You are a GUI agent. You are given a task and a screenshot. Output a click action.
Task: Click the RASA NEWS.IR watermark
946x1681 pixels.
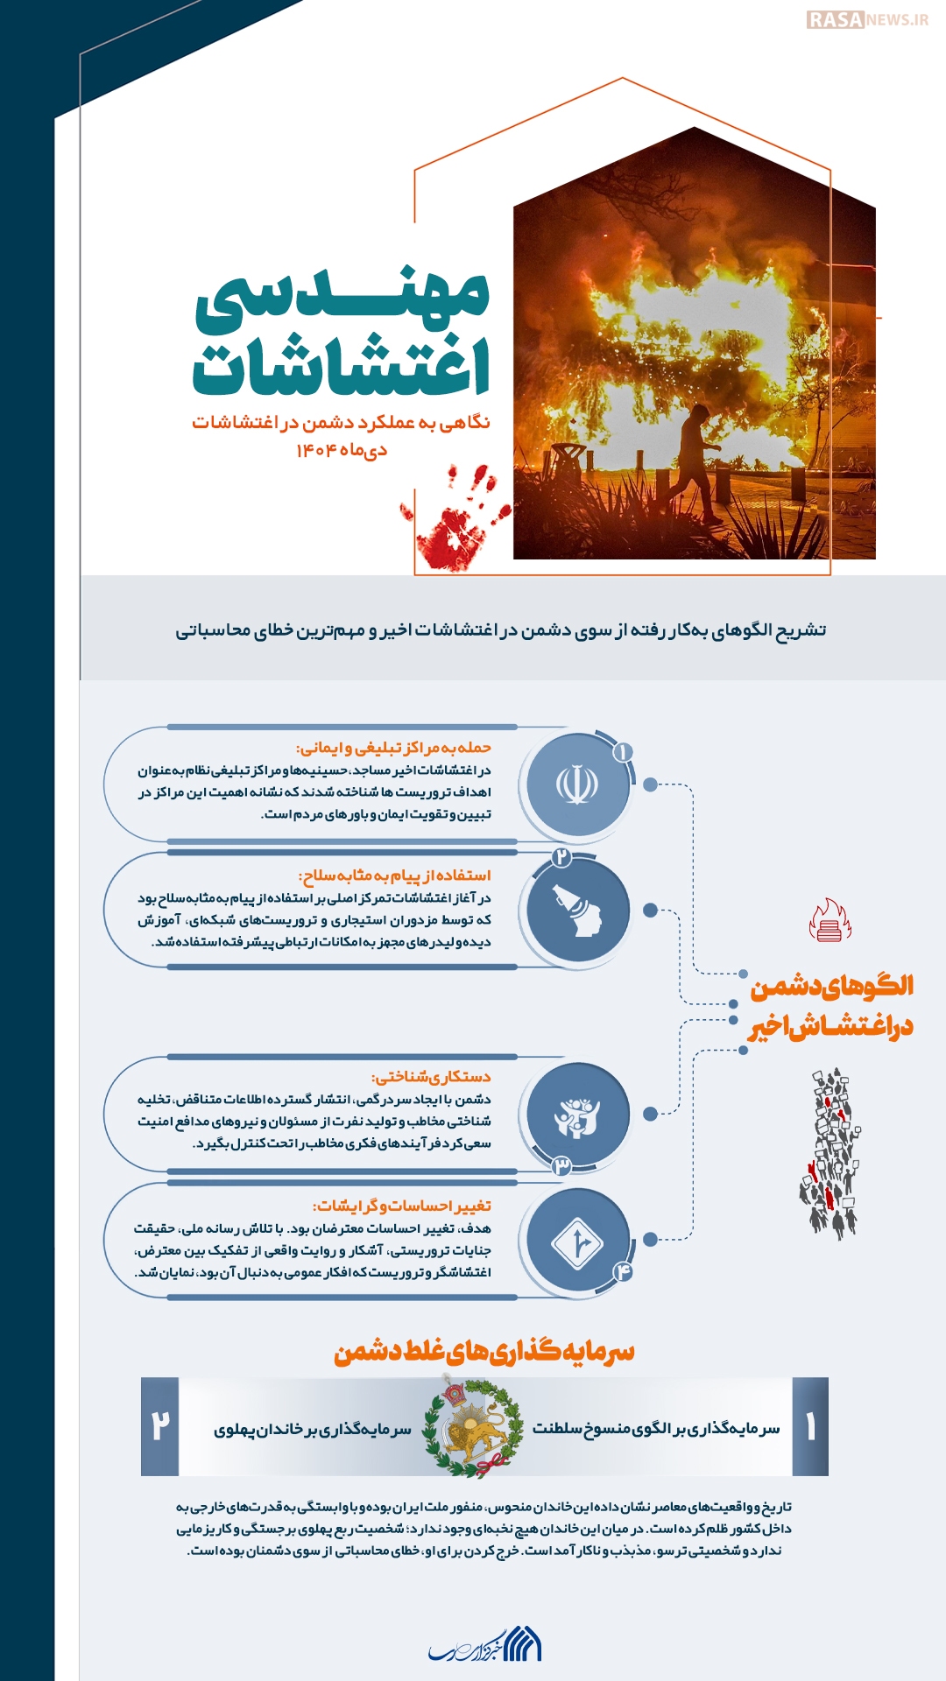coord(866,19)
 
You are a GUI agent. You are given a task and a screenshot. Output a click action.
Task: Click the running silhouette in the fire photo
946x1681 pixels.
coord(696,460)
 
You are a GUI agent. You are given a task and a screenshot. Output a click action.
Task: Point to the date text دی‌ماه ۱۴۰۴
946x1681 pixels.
coord(342,450)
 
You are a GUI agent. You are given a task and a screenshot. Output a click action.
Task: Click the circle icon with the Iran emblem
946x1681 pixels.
coord(577,785)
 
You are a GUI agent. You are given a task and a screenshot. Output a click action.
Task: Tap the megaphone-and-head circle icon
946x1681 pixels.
coord(577,911)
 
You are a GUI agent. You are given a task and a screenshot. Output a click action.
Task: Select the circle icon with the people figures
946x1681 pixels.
coord(577,1115)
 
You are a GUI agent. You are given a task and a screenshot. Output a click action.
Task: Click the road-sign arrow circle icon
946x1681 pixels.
coord(577,1241)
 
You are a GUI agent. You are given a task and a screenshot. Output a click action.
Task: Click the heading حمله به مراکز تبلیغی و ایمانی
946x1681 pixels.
coord(393,748)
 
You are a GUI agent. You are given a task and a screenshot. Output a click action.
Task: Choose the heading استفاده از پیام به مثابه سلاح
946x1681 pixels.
coord(395,875)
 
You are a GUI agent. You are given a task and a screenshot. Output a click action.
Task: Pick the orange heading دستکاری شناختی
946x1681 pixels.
coord(431,1077)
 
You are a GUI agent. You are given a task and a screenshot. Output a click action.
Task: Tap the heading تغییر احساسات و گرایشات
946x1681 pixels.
coord(402,1206)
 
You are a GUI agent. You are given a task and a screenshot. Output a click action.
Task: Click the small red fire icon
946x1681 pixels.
coord(829,920)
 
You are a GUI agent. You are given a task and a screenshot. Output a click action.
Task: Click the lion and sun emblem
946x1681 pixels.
coord(473,1427)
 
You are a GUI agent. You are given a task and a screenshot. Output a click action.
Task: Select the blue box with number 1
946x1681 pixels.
coord(810,1427)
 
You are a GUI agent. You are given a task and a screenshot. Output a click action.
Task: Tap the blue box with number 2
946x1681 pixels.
coord(160,1427)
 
